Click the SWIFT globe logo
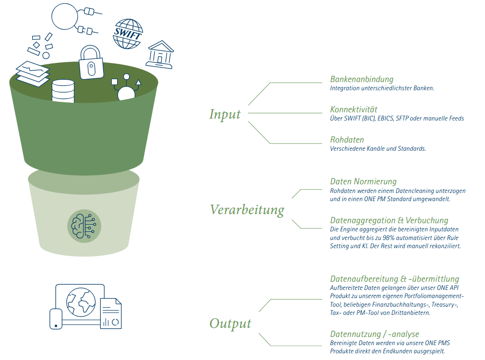[x=128, y=34]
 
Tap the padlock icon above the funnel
[x=91, y=62]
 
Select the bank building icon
[x=160, y=54]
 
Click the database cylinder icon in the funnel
[x=63, y=91]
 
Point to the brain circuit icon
[x=84, y=226]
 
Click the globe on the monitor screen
[x=81, y=302]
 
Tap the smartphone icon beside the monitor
[x=56, y=319]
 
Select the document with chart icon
[x=111, y=313]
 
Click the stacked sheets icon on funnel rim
[x=33, y=73]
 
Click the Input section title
[x=225, y=114]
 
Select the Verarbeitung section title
[x=247, y=210]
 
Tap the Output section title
[x=230, y=324]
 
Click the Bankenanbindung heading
[x=362, y=79]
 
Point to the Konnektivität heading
[x=354, y=109]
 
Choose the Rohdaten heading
[x=347, y=140]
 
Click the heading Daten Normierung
[x=363, y=181]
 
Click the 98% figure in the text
[x=389, y=238]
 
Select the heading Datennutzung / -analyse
[x=375, y=334]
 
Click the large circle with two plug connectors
[x=65, y=16]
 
